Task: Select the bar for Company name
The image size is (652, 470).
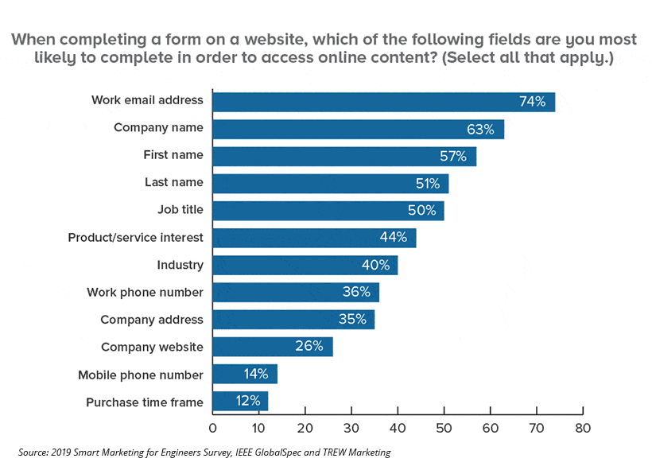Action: [358, 128]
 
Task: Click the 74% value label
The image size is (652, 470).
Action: [532, 101]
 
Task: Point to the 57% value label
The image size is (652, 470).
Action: [453, 156]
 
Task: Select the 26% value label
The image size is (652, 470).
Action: [309, 346]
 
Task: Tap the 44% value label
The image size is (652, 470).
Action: [393, 237]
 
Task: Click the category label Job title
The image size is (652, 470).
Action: [180, 210]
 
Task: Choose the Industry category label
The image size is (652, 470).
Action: [180, 265]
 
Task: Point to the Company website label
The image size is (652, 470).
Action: [152, 347]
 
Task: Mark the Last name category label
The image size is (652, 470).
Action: [173, 182]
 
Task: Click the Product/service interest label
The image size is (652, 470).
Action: [135, 237]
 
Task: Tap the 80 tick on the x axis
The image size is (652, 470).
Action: [583, 427]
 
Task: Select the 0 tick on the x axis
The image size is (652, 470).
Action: [212, 427]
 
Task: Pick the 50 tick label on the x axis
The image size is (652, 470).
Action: [444, 427]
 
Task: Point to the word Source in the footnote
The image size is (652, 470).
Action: [35, 453]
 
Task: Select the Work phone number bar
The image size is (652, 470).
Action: [296, 292]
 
